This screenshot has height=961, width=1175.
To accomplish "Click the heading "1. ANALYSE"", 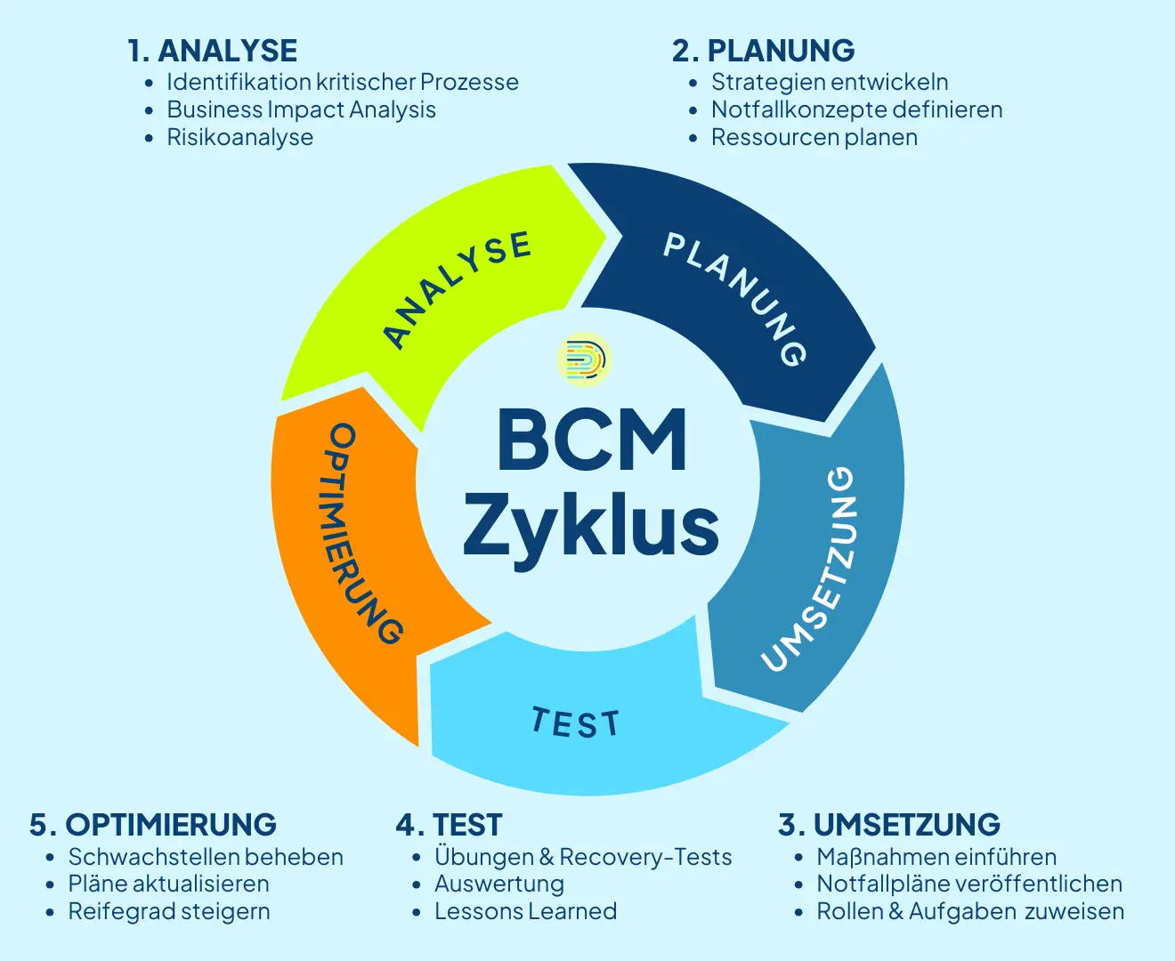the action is tap(213, 51).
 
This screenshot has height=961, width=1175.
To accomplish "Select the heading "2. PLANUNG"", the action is tap(763, 51).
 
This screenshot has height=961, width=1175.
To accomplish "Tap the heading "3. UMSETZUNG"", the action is tap(888, 825).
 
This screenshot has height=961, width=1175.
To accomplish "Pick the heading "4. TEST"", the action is tap(449, 825).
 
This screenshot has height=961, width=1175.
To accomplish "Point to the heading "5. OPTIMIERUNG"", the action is tap(152, 825).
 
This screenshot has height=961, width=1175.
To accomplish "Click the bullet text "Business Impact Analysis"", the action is tap(301, 109).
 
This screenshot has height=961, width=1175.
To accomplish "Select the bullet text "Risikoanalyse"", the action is tap(239, 137).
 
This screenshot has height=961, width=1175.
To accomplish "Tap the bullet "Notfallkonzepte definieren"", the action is tap(856, 109).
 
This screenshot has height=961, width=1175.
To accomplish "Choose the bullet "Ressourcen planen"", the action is tap(814, 137).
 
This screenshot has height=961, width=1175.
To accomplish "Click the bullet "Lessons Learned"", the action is tap(525, 911).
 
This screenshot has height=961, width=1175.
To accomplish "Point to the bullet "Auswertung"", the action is tap(498, 884).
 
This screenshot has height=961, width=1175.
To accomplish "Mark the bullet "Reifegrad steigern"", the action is tap(168, 911).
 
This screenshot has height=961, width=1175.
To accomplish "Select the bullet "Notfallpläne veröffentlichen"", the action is tap(968, 884).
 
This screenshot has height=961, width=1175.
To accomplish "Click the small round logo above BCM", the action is tap(585, 359).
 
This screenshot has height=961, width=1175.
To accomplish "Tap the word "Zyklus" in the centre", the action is tap(590, 525).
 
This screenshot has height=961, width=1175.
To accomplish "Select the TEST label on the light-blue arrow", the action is tap(575, 723).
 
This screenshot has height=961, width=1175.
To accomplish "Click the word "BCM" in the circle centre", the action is tap(592, 440).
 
